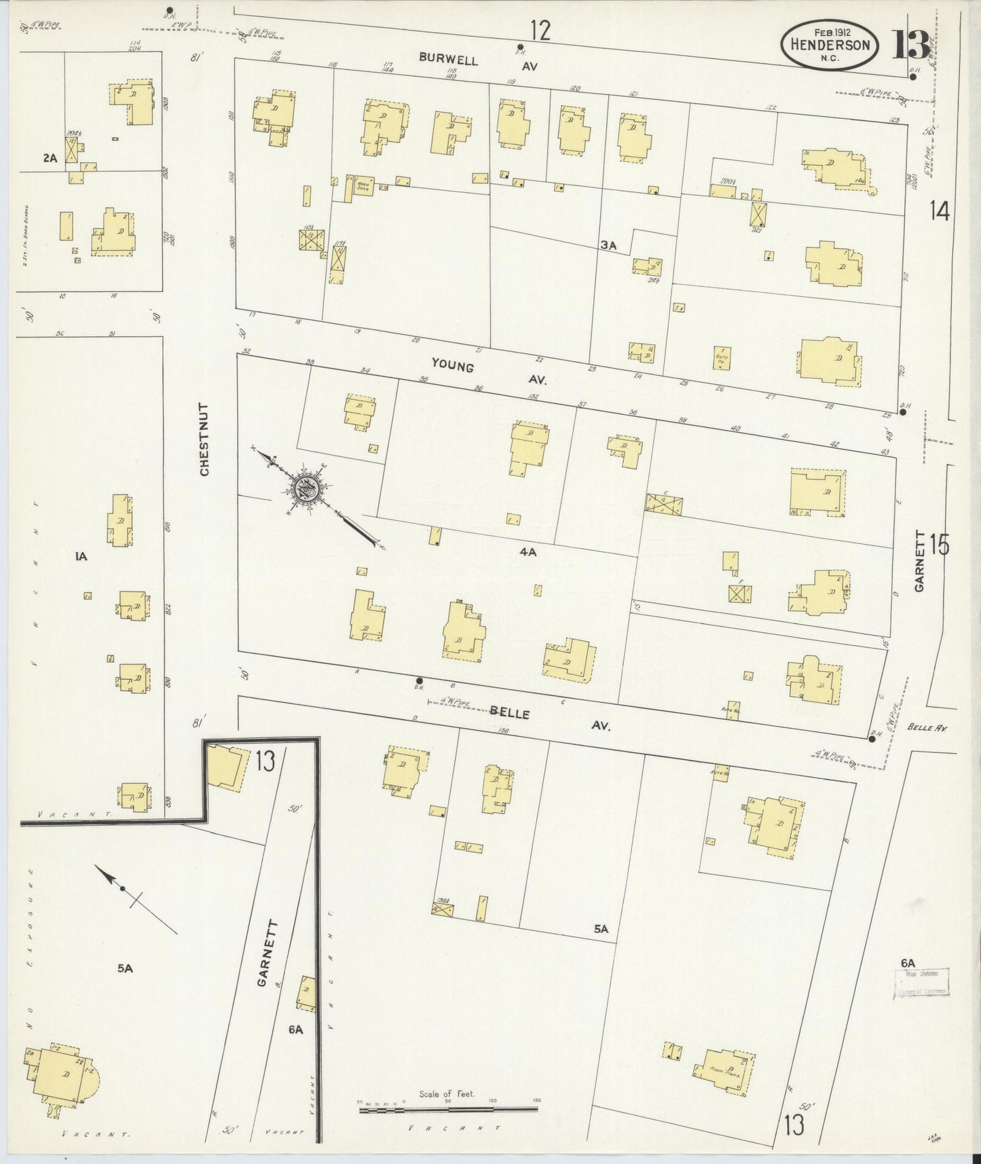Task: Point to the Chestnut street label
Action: (204, 439)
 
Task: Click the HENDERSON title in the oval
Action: (830, 44)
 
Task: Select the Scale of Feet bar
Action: (448, 1109)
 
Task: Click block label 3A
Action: (608, 246)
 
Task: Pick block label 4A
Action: (527, 552)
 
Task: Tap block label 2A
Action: (50, 158)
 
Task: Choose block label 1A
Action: (81, 557)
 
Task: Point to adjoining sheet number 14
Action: (940, 212)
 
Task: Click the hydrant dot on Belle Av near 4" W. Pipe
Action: (420, 680)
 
